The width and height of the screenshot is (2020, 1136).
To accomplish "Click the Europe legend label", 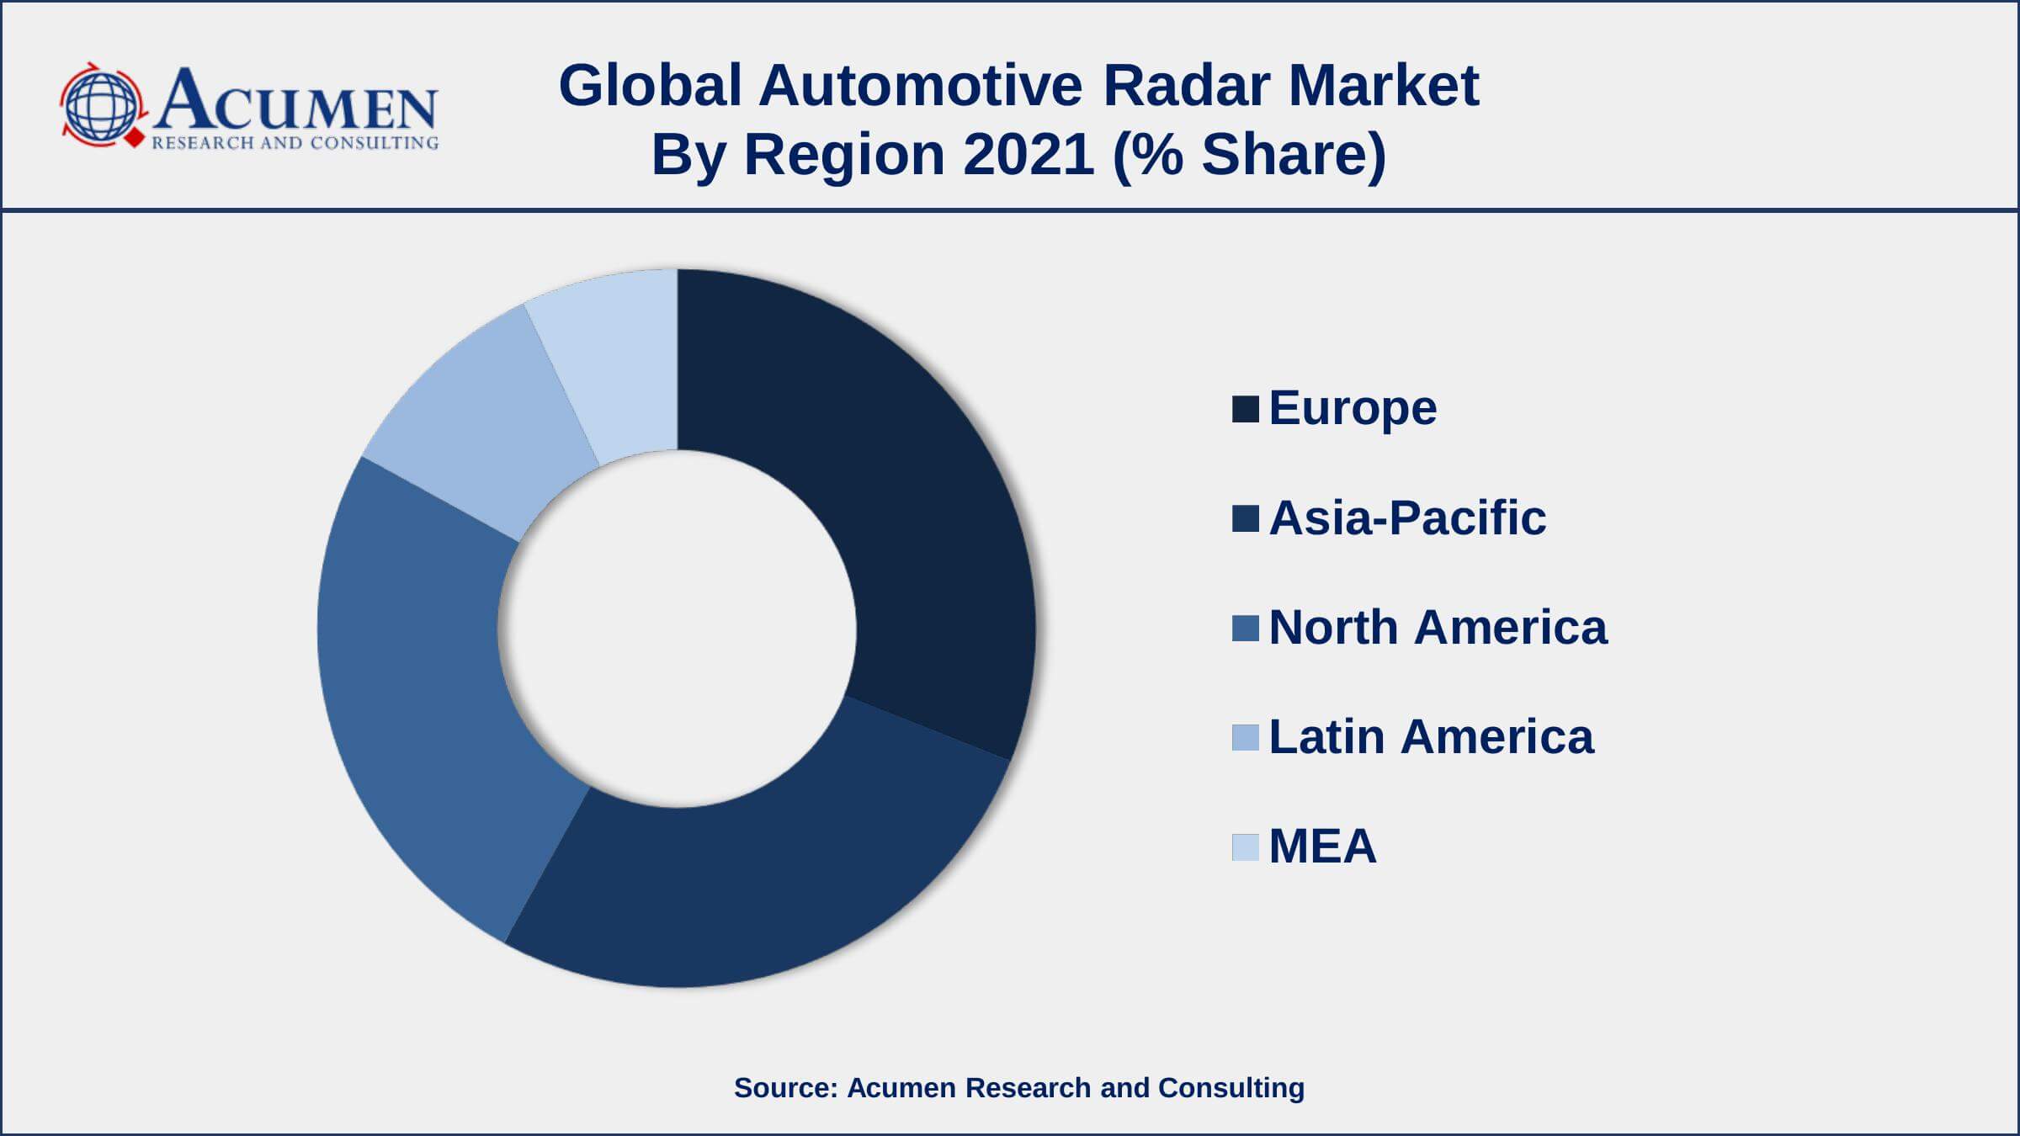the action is click(1353, 409).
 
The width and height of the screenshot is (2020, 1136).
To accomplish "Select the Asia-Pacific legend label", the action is click(1407, 518).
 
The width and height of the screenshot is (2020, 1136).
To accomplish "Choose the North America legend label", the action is click(1438, 628).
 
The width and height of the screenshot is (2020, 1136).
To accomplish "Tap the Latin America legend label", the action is click(1431, 737).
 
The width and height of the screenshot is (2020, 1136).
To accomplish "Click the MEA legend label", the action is click(1322, 847).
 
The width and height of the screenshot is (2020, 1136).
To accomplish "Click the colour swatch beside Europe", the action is click(1246, 409).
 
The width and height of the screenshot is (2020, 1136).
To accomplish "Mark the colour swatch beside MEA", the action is click(1246, 847).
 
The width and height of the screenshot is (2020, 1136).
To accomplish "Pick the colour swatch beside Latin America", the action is click(1246, 737).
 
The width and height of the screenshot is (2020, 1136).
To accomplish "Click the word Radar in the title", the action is click(1185, 86).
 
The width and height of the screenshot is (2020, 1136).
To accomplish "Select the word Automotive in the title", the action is click(921, 86).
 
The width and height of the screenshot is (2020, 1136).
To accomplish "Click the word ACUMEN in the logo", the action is click(295, 101).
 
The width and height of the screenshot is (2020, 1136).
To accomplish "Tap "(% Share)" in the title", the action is click(1249, 156).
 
